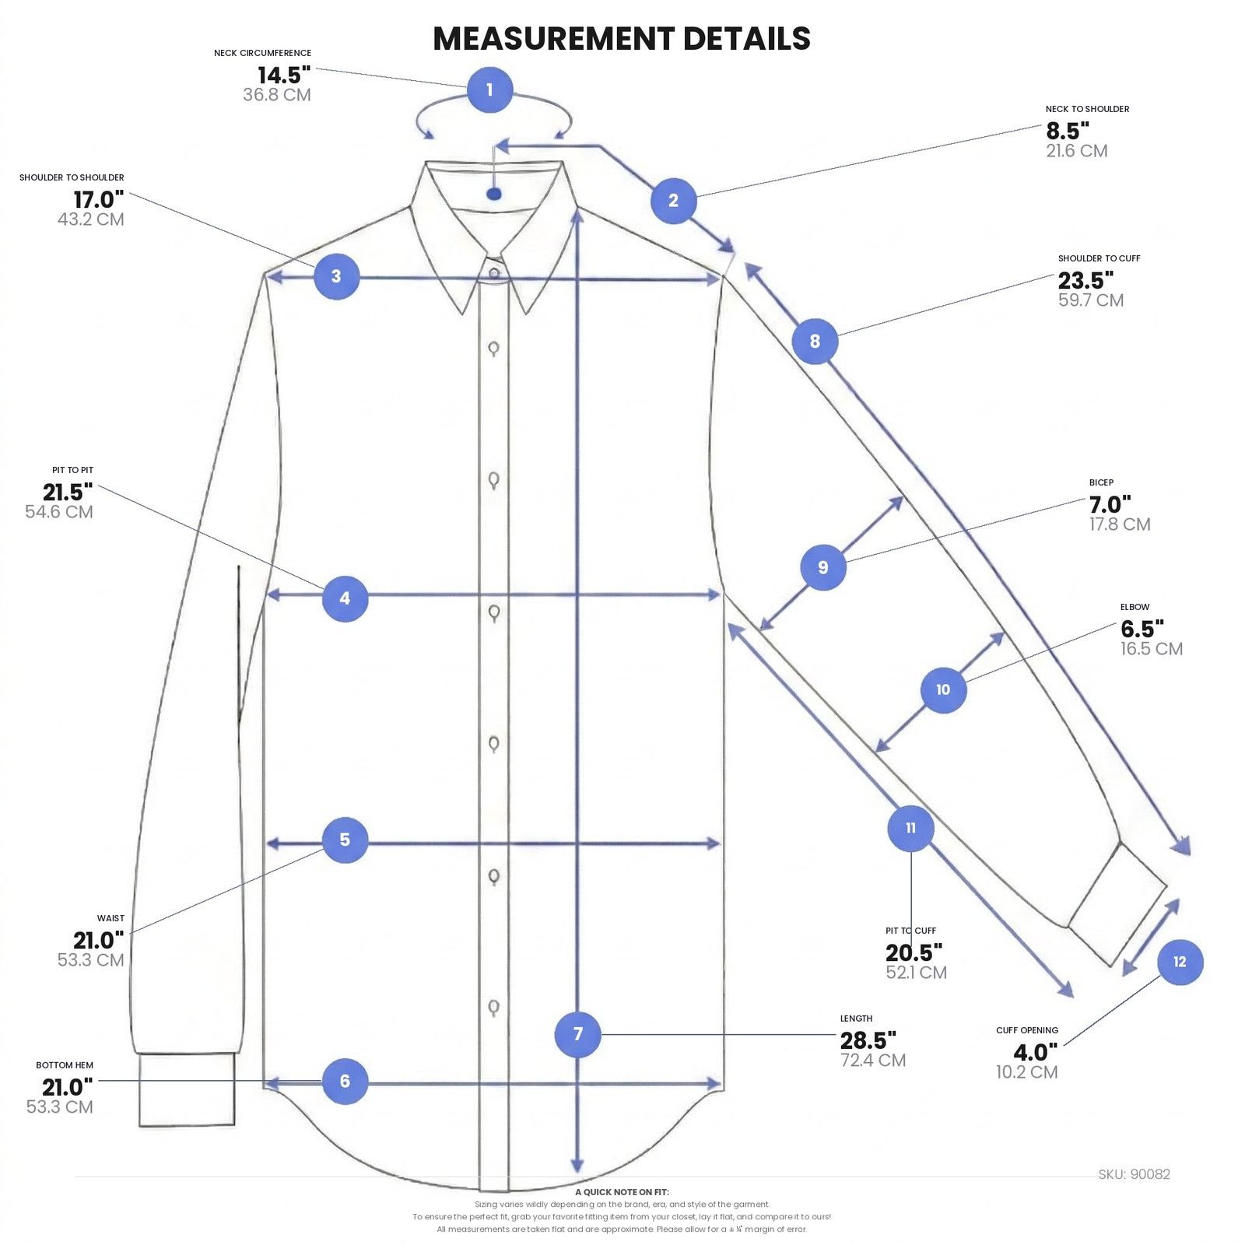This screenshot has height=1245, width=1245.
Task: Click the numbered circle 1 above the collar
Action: coord(489,89)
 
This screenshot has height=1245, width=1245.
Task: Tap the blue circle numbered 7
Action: coord(577,1034)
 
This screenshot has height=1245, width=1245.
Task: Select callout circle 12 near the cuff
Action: coord(1180,962)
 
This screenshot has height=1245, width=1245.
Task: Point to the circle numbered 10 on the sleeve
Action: coord(943,689)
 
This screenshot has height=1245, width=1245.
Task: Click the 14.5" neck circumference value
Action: coord(284,75)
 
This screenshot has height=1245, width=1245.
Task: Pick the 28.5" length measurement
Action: coord(868,1040)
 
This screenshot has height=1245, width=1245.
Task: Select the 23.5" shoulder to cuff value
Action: coord(1085,280)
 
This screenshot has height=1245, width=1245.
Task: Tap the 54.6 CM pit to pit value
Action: coord(59,512)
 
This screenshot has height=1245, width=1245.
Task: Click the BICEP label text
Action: coord(1101,482)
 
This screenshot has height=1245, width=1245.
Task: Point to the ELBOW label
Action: coord(1135,607)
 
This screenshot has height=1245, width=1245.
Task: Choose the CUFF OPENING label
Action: coord(1027,1030)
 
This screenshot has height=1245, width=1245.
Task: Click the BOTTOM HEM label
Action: coord(65,1065)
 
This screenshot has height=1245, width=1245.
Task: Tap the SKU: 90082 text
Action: coord(1134,1174)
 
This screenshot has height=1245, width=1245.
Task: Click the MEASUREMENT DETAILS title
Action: coord(622,39)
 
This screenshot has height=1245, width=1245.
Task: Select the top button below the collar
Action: coord(494,273)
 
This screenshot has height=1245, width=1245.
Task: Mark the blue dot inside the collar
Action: coord(494,194)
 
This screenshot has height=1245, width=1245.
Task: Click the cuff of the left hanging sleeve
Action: coord(187,1090)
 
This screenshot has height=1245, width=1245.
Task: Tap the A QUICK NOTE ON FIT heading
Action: coord(622,1192)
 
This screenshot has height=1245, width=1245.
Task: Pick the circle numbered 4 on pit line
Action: coord(345,598)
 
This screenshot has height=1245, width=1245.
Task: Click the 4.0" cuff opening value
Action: coord(1036,1053)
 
